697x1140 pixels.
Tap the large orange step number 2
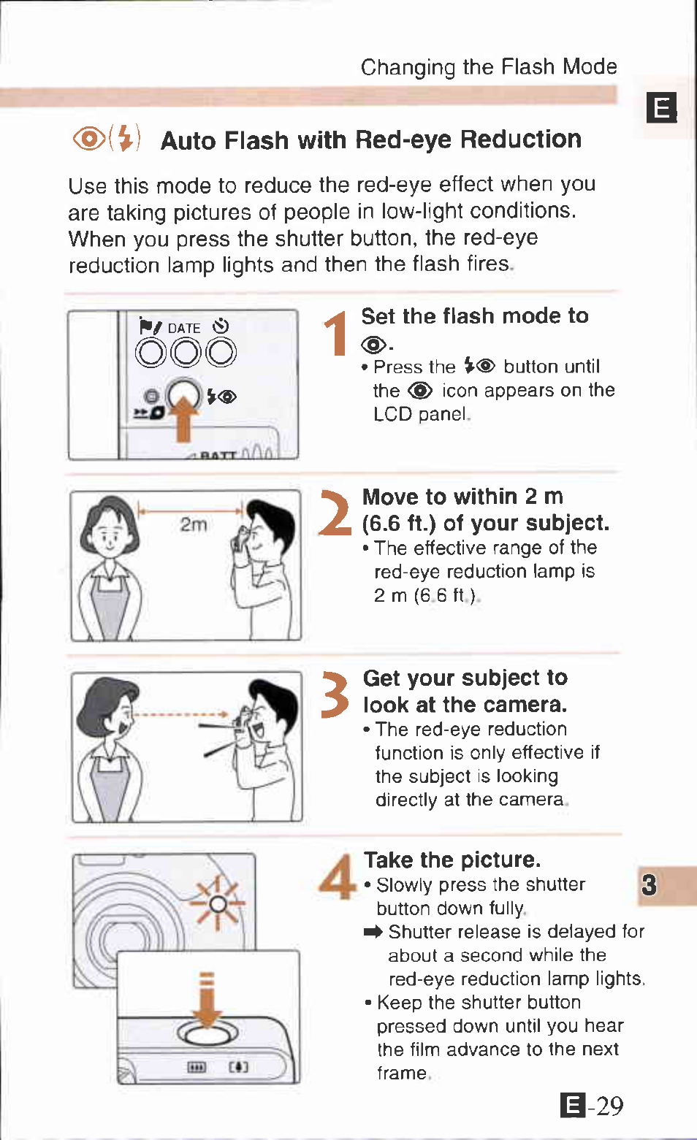pos(335,513)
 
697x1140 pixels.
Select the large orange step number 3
pos(335,695)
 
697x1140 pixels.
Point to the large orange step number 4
pos(337,876)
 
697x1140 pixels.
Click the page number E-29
pos(592,1106)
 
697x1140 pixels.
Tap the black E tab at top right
pos(661,107)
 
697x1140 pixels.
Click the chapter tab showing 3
pos(649,884)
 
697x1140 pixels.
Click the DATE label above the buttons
pos(184,328)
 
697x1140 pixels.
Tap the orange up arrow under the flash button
pos(183,417)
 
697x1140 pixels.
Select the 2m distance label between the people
pos(194,524)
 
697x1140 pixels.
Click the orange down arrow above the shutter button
pos(207,999)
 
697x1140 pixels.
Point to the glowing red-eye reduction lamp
pos(218,904)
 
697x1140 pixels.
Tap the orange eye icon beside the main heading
pos(89,139)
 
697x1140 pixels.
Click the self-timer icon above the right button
pos(221,326)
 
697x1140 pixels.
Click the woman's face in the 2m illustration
pos(109,535)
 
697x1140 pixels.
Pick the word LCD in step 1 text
pos(393,414)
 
